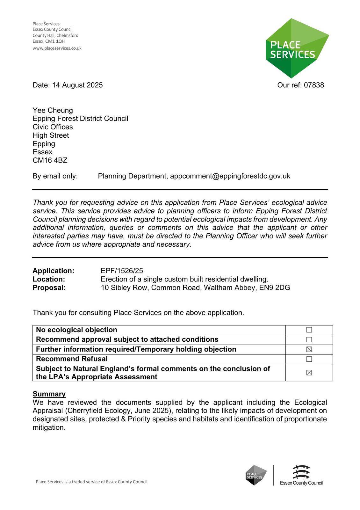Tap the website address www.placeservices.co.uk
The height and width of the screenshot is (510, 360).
(x=57, y=48)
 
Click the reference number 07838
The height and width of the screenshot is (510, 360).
(x=314, y=85)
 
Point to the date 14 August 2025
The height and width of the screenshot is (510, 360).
(x=77, y=85)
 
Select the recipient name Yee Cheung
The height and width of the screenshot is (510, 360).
(x=53, y=110)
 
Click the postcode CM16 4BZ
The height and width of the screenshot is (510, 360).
(x=50, y=160)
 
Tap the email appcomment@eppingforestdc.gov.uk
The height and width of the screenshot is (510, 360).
(x=230, y=176)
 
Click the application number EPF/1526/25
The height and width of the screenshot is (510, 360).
(x=122, y=271)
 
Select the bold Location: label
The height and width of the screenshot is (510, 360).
(x=49, y=279)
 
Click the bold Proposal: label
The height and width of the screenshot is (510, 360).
(x=49, y=288)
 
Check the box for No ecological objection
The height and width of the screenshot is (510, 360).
(x=309, y=330)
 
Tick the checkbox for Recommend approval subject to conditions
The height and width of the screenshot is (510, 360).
(x=309, y=340)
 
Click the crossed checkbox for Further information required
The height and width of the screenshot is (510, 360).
(x=309, y=349)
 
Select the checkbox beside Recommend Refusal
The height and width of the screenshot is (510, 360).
(x=309, y=359)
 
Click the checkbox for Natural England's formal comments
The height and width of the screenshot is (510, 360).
(x=309, y=373)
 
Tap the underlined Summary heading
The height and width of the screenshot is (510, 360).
(x=49, y=394)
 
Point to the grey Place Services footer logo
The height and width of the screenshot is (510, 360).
(x=256, y=475)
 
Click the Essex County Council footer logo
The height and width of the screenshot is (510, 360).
(x=301, y=475)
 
